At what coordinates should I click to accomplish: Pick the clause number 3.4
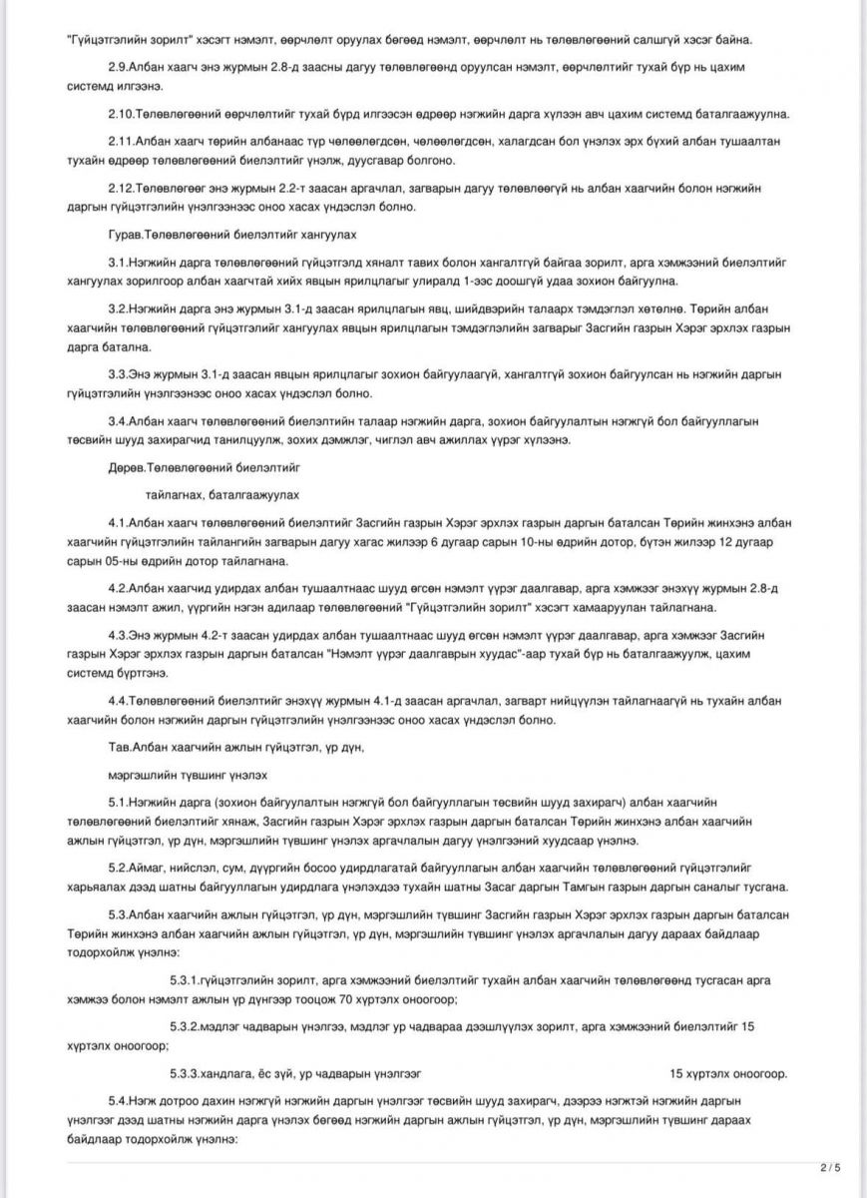pos(118,420)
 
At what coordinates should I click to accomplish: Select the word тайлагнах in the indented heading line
pos(171,494)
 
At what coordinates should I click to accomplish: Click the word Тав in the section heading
pos(119,746)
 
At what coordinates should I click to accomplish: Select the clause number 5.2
pos(118,867)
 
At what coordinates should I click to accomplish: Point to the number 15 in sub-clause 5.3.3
pos(676,1073)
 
